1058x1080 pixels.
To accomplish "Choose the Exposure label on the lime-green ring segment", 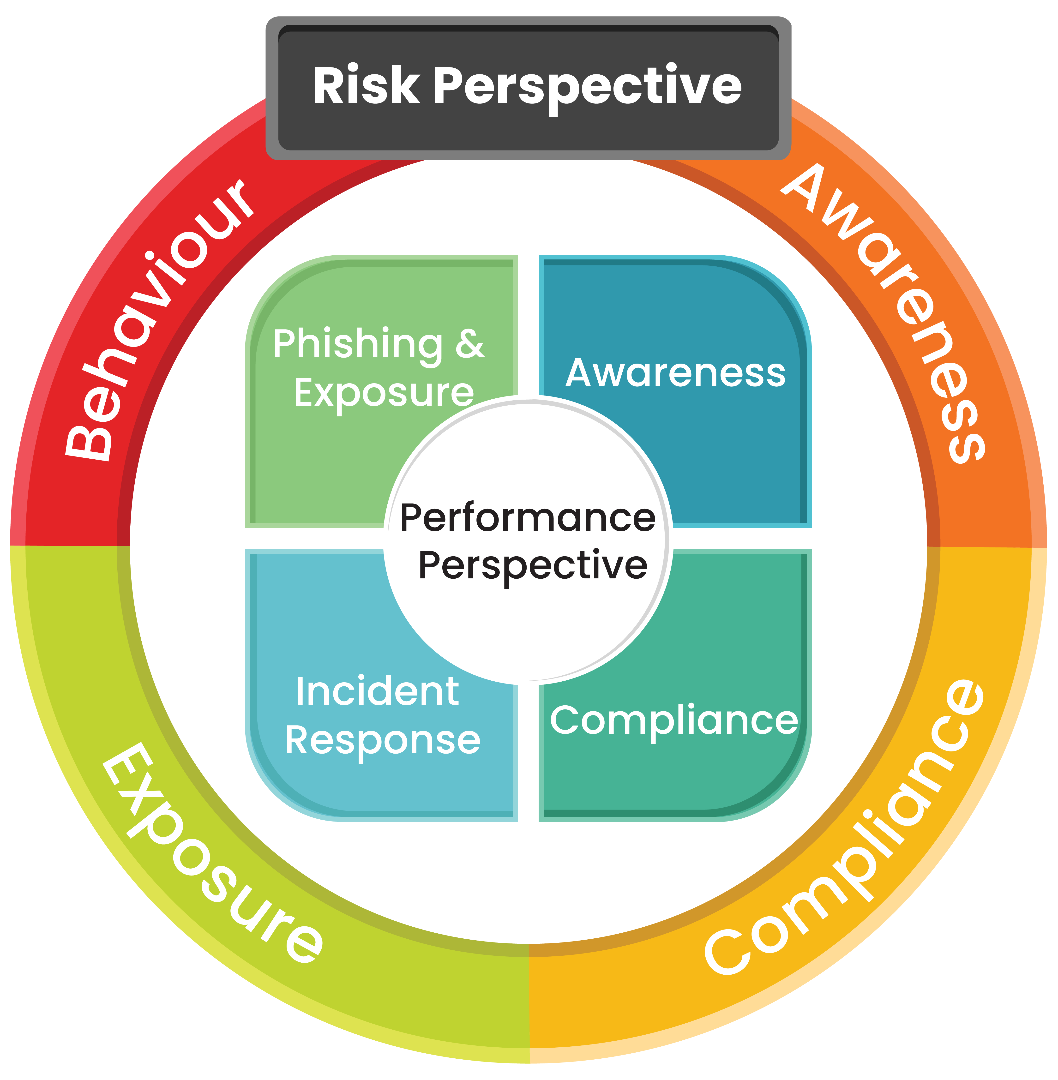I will point(211,856).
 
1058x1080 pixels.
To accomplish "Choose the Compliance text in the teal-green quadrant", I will point(673,720).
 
